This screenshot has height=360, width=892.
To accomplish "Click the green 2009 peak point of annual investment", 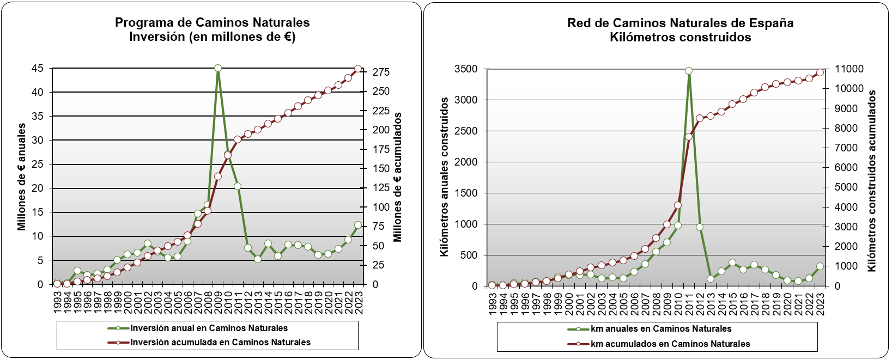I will [x=218, y=68].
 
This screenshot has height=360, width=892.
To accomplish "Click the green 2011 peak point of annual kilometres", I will [x=689, y=71].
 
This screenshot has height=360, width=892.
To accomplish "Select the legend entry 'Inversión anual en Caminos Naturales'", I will [x=209, y=328].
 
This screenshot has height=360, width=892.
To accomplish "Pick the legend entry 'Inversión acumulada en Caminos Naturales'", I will [x=220, y=342].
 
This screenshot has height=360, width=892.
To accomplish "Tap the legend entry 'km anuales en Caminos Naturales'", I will [x=661, y=328].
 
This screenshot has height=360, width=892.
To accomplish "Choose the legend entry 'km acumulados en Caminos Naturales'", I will [x=670, y=344].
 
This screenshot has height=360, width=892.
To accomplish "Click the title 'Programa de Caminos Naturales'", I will [x=212, y=22].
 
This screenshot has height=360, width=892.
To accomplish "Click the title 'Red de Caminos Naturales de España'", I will [x=680, y=23].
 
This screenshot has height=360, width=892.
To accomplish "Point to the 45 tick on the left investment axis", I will [x=38, y=68].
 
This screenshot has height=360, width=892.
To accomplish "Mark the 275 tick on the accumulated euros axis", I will [x=381, y=72].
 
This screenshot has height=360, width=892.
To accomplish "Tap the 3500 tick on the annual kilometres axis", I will [x=466, y=69].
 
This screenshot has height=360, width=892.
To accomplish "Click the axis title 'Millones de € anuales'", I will [x=22, y=176].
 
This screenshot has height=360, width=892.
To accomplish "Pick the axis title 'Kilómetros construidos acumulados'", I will [x=872, y=181].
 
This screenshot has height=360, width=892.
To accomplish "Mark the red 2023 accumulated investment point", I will [x=358, y=69].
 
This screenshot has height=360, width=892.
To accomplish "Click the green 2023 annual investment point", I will [x=358, y=225].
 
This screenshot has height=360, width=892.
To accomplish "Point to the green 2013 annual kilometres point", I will [x=711, y=279].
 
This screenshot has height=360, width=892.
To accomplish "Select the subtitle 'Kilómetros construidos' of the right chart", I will [x=680, y=37].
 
